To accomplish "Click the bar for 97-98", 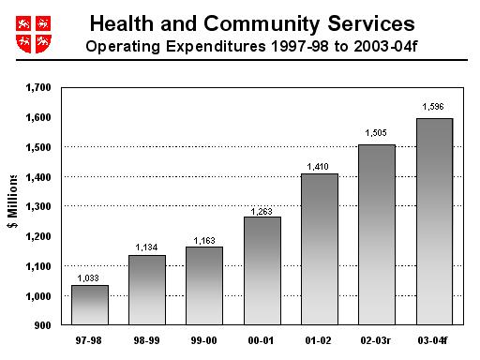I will (89, 305).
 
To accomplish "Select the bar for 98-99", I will (147, 290).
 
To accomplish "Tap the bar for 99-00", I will (204, 286).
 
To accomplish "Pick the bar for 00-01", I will (262, 271).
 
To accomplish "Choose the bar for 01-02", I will (320, 249).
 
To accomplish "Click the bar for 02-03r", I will (377, 234).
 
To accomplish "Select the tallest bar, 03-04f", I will (434, 221).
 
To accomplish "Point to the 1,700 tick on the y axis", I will (38, 88).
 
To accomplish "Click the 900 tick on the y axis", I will (43, 326).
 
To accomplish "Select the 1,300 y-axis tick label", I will (38, 207).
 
